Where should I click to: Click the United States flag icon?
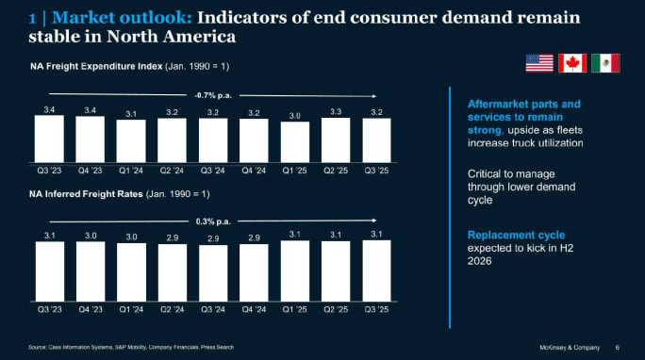point(539,63)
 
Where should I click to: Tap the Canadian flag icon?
point(572,63)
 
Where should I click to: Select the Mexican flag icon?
point(605,63)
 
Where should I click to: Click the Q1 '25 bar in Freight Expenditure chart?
point(295,142)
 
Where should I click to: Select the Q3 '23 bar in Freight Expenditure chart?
point(49,139)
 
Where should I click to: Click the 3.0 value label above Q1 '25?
point(295,116)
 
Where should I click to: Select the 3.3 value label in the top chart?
point(336,111)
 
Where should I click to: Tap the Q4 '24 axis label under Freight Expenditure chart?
point(254,172)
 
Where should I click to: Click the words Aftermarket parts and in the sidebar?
point(524,104)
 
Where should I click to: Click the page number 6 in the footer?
point(617,347)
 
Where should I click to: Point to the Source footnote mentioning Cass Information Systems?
point(131,348)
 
